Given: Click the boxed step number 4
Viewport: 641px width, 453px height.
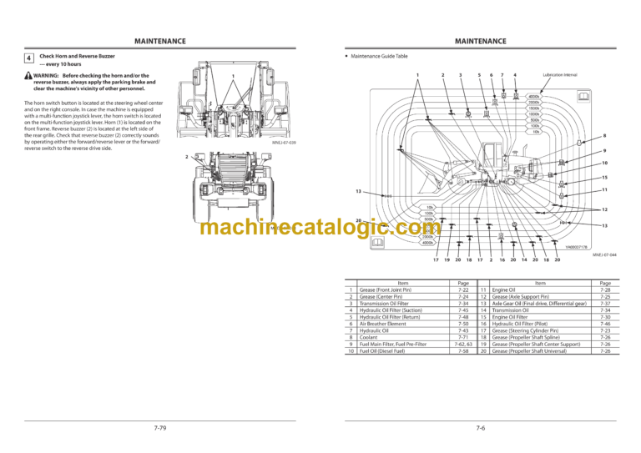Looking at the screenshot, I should tap(29, 58).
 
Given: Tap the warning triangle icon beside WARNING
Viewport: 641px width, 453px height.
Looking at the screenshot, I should tap(29, 76).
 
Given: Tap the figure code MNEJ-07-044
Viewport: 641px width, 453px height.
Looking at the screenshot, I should tap(603, 256).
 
